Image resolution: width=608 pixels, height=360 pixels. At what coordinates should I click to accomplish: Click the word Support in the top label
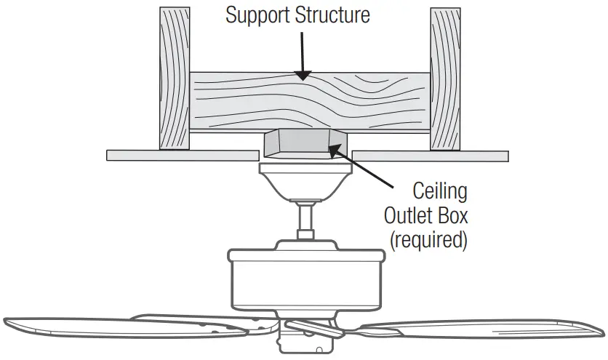(x=255, y=15)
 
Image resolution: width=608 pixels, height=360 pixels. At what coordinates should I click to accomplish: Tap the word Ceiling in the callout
(x=439, y=193)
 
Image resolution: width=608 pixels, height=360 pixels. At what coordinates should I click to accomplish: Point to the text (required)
(x=428, y=241)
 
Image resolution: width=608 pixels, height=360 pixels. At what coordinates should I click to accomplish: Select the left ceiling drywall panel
(x=182, y=155)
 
